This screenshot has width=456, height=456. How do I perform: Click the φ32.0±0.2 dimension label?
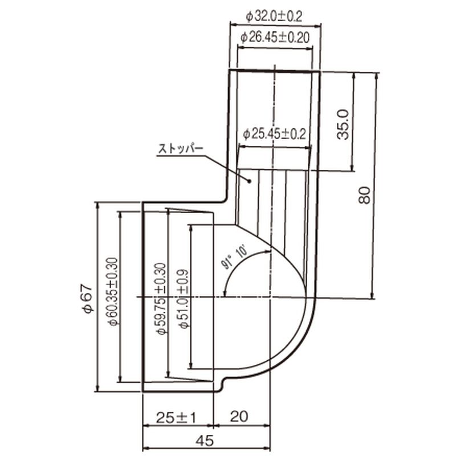pos(274,17)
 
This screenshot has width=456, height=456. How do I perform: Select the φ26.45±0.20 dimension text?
pos(275,38)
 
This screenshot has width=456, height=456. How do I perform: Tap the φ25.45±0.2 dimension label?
pos(274,135)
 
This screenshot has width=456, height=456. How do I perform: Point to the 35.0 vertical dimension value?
pos(343,124)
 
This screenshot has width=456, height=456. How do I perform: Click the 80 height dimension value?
pos(364,195)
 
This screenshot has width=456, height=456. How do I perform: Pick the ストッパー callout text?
pos(180,149)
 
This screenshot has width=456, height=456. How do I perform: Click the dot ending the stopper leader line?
pos(249,181)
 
